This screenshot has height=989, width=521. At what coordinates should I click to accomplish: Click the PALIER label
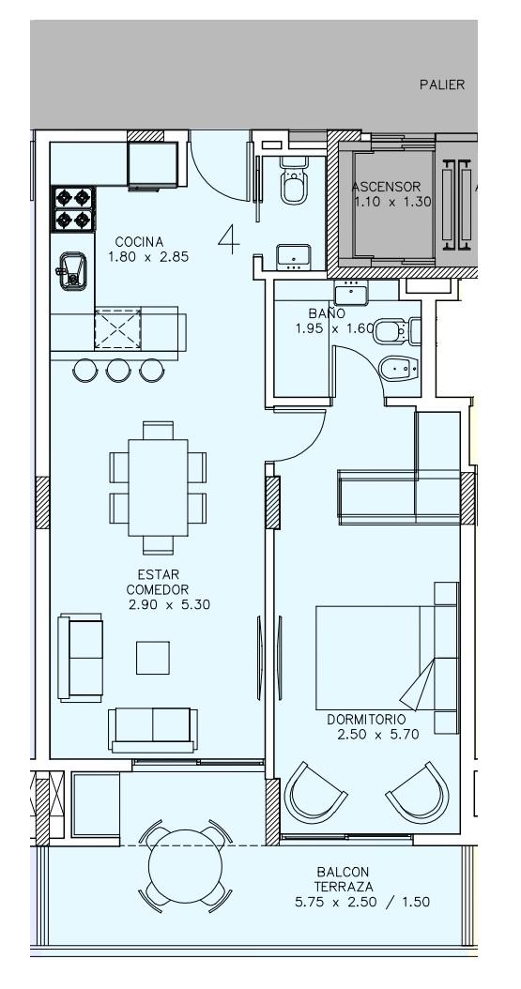point(442,84)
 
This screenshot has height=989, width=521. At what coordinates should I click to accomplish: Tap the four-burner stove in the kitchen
point(73,209)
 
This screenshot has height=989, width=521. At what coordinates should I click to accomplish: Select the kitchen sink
point(72,270)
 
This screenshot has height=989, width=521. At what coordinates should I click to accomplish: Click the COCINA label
point(139,241)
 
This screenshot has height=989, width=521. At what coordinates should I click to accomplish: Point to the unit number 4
point(229,238)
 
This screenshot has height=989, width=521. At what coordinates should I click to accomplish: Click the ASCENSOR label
point(386,187)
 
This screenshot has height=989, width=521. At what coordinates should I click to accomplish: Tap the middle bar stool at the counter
point(118,371)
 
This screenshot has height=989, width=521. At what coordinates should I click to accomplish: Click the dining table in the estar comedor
point(158,487)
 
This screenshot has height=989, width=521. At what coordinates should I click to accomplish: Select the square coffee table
point(153,658)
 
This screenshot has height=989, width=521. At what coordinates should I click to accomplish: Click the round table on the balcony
point(186,867)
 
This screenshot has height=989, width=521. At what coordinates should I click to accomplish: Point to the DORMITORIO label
point(366,719)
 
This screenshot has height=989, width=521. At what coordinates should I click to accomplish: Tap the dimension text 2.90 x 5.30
point(169,605)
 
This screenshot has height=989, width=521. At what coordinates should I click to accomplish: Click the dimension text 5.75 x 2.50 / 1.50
point(362,902)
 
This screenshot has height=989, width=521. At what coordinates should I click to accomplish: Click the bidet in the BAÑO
point(399,369)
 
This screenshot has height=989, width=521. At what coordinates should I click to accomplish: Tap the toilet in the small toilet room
point(294,183)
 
